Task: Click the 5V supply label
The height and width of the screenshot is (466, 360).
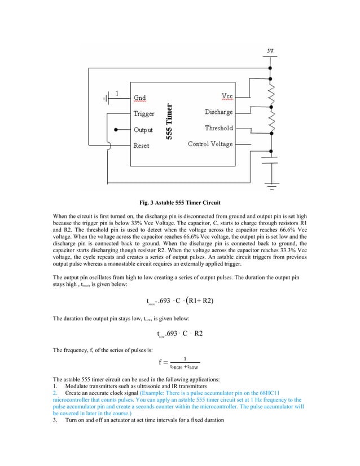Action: click(x=271, y=51)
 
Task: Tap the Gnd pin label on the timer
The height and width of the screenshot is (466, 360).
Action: click(x=139, y=98)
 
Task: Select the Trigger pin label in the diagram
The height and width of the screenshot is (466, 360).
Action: click(x=143, y=113)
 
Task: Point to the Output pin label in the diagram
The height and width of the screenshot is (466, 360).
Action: click(x=143, y=130)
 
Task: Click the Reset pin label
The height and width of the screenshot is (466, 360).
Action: click(x=141, y=146)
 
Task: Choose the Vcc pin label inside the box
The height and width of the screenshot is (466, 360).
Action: click(x=226, y=96)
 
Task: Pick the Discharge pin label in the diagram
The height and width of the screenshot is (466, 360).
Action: click(x=218, y=112)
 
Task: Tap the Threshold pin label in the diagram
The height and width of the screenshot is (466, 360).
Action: click(x=218, y=128)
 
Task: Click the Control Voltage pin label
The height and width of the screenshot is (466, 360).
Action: click(x=210, y=144)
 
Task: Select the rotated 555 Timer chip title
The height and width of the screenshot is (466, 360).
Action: click(x=169, y=121)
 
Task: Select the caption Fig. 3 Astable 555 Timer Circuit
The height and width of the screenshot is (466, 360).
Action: click(x=180, y=203)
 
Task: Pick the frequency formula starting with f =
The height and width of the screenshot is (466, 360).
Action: click(x=179, y=362)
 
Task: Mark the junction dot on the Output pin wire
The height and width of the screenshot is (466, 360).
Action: click(x=115, y=130)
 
